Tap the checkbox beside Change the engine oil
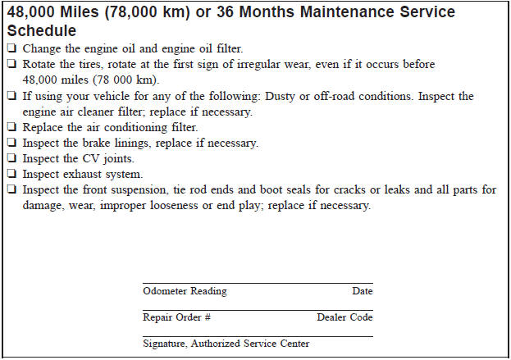(x=12, y=49)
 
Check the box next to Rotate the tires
(x=12, y=65)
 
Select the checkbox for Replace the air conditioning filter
(x=12, y=128)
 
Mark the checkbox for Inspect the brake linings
(x=12, y=144)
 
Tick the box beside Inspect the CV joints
(x=12, y=159)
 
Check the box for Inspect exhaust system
(x=12, y=175)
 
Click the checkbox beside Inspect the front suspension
(x=12, y=190)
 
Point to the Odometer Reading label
(x=185, y=291)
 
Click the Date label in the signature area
(x=362, y=291)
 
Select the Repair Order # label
(x=176, y=317)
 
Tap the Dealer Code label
(x=344, y=317)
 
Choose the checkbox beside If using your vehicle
(x=12, y=96)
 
